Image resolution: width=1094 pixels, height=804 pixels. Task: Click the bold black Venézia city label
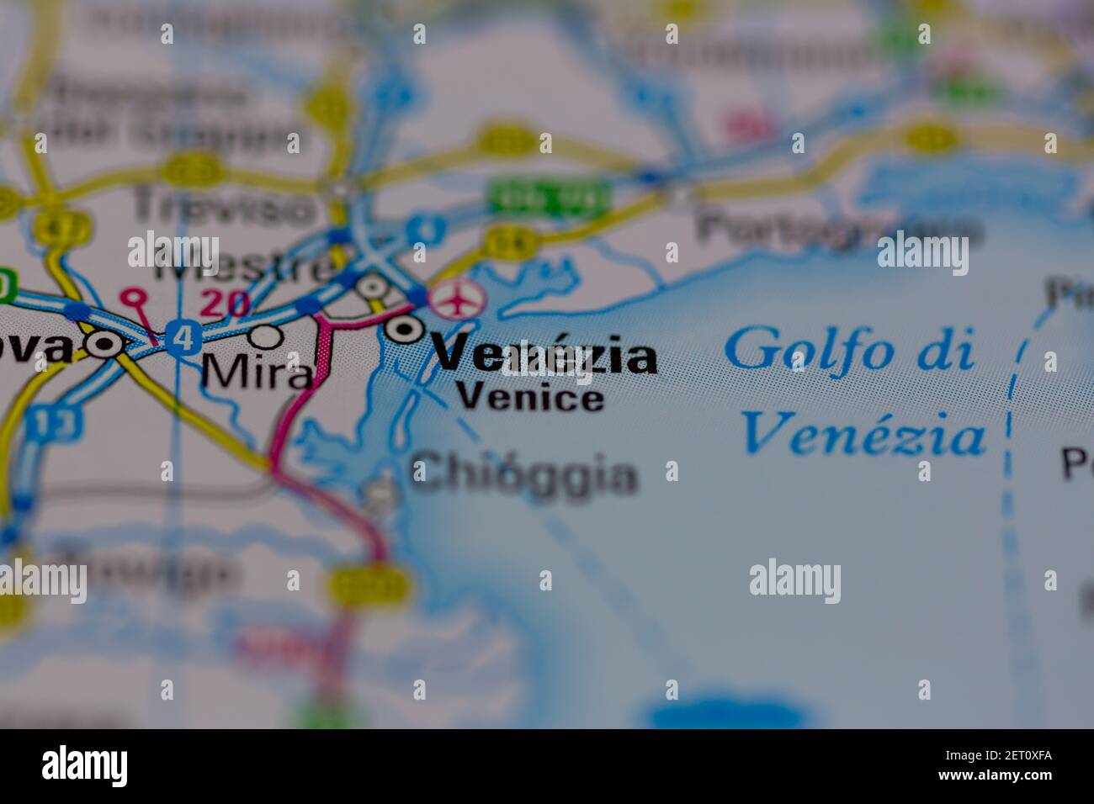[x=545, y=357]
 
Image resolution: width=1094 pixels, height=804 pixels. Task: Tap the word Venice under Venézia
[x=530, y=396]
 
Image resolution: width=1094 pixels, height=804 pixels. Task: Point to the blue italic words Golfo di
[x=849, y=349]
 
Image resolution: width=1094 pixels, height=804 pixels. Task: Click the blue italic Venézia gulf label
[x=864, y=434]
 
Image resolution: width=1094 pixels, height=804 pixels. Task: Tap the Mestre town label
[x=244, y=267]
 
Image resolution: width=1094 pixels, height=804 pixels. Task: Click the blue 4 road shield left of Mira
[x=179, y=339]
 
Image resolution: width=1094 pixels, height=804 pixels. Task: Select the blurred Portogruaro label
[x=838, y=227]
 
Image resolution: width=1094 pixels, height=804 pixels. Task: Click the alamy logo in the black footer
[x=85, y=767]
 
